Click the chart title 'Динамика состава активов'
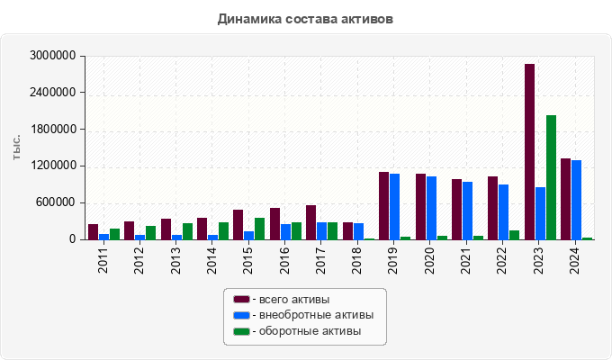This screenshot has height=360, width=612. click(305, 18)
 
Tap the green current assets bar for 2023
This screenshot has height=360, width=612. click(551, 177)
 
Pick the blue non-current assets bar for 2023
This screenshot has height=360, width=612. click(540, 213)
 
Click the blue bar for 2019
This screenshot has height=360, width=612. click(394, 206)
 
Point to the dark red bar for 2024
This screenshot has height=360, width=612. click(566, 199)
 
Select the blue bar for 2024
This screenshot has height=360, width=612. click(576, 200)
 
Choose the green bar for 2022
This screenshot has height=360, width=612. click(514, 235)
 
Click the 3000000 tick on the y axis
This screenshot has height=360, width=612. click(52, 56)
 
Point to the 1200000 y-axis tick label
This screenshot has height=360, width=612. click(52, 166)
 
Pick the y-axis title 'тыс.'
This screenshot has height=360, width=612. click(17, 148)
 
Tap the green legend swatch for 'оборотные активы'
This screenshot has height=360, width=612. click(241, 331)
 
